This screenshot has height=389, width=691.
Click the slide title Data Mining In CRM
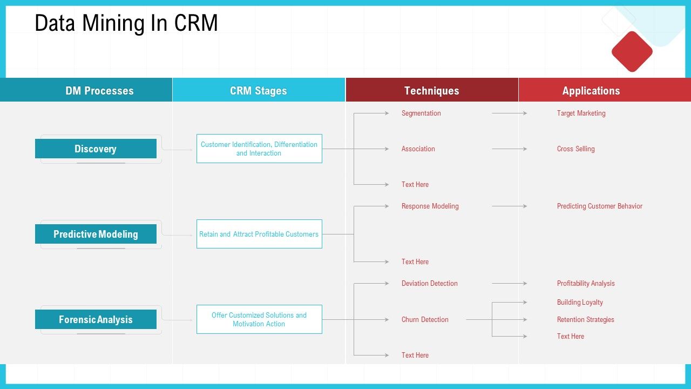pyautogui.click(x=126, y=24)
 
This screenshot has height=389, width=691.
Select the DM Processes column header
pyautogui.click(x=99, y=91)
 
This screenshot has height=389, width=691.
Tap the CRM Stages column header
pyautogui.click(x=259, y=91)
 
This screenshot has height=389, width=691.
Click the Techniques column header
pyautogui.click(x=431, y=91)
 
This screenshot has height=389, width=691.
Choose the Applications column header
pyautogui.click(x=591, y=91)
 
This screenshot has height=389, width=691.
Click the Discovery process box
pyautogui.click(x=96, y=149)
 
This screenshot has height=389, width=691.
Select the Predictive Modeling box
pyautogui.click(x=96, y=234)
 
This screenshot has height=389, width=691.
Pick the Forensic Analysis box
pyautogui.click(x=96, y=319)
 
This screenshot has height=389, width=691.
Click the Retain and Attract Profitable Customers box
pyautogui.click(x=259, y=234)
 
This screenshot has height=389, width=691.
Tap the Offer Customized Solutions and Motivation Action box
pyautogui.click(x=259, y=319)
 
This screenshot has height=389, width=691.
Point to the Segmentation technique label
pyautogui.click(x=421, y=113)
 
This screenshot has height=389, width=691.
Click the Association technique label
pyautogui.click(x=418, y=149)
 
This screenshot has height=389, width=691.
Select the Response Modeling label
pyautogui.click(x=430, y=206)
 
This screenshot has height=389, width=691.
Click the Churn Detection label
pyautogui.click(x=425, y=320)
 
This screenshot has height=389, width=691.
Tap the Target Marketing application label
pyautogui.click(x=581, y=113)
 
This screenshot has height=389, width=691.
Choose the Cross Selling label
pyautogui.click(x=575, y=149)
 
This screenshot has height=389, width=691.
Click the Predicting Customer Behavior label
pyautogui.click(x=599, y=206)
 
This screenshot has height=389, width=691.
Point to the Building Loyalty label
pyautogui.click(x=580, y=303)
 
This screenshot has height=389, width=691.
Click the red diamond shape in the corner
pyautogui.click(x=632, y=51)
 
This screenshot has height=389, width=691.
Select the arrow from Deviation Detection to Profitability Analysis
pyautogui.click(x=509, y=283)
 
